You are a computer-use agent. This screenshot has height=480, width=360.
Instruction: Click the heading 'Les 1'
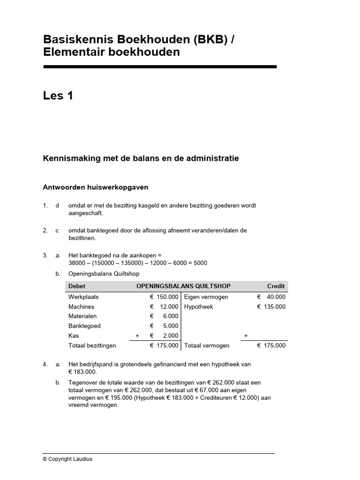tap(58, 96)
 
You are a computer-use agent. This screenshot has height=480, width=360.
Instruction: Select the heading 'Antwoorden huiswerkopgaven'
tap(96, 187)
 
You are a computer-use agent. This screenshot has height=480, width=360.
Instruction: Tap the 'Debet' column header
tap(77, 286)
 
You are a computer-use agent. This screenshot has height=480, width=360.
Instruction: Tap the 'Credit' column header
tap(276, 286)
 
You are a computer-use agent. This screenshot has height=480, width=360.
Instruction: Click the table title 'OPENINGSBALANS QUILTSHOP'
tap(183, 286)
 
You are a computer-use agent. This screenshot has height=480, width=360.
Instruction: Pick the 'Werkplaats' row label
tap(83, 297)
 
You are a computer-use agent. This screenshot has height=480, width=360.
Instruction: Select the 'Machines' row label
tap(81, 307)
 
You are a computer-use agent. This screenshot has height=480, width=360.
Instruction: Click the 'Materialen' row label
tap(82, 316)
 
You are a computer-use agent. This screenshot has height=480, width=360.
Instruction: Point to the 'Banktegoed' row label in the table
tap(84, 326)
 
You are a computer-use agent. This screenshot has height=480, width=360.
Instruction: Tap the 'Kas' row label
tap(74, 336)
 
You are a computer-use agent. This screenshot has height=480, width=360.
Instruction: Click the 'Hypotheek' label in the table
tap(199, 307)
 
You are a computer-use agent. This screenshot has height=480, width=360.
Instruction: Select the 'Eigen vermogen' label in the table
tap(206, 297)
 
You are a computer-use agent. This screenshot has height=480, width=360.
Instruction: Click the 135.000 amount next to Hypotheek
tap(274, 307)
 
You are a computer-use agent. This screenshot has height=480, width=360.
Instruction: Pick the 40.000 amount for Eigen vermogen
tap(276, 297)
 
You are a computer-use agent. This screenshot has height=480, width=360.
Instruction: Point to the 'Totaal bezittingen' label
tap(92, 345)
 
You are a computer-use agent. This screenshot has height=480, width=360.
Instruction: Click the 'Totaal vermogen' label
tap(207, 345)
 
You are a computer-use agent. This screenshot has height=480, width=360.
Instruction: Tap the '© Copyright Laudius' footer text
tap(67, 459)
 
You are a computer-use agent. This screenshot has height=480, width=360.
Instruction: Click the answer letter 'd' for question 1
tap(57, 206)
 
